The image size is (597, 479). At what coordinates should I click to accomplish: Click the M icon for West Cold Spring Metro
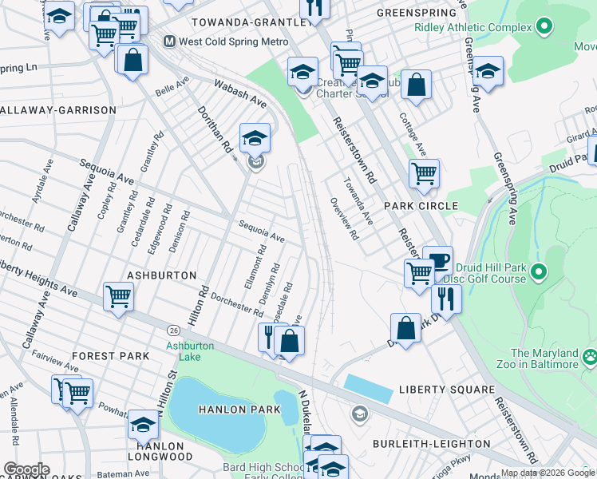[169, 41]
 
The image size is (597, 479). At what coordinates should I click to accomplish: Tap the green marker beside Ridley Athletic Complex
[545, 27]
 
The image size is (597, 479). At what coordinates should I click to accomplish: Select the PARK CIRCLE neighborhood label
[421, 206]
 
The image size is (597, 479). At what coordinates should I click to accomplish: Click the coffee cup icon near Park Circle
[437, 261]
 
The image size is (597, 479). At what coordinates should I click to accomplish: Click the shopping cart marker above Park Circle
[424, 172]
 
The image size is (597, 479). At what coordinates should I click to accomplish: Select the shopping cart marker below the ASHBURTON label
[118, 297]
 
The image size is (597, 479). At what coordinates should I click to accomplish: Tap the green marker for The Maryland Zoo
[590, 355]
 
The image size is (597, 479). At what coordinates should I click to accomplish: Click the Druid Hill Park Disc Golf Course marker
[539, 273]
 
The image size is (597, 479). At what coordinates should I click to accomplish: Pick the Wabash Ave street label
[239, 93]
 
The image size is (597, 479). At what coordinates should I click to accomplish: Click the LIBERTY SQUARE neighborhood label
[447, 390]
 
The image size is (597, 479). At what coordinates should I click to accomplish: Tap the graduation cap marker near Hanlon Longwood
[143, 424]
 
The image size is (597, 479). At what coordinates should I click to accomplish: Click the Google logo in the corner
[27, 469]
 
